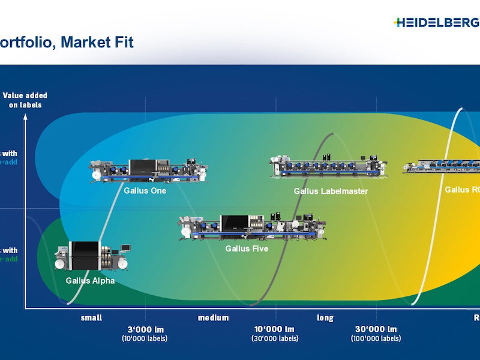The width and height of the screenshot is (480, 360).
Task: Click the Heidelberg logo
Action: [437, 23]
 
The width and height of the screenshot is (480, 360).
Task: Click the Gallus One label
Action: [145, 191]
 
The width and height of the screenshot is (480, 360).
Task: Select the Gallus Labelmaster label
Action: [331, 191]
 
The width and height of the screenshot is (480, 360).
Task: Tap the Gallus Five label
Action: [247, 248]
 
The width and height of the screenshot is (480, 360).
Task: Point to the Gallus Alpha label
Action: [90, 280]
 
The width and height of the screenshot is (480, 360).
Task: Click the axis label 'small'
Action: [91, 318]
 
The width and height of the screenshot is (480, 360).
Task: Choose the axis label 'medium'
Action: [214, 318]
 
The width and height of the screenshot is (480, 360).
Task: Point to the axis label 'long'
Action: [325, 318]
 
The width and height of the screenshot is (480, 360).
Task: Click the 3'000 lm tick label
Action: [146, 329]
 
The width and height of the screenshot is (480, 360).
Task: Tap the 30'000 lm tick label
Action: [376, 329]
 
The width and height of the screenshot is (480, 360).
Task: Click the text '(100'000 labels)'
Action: [376, 338]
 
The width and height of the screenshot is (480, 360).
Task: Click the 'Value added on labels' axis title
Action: [25, 100]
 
